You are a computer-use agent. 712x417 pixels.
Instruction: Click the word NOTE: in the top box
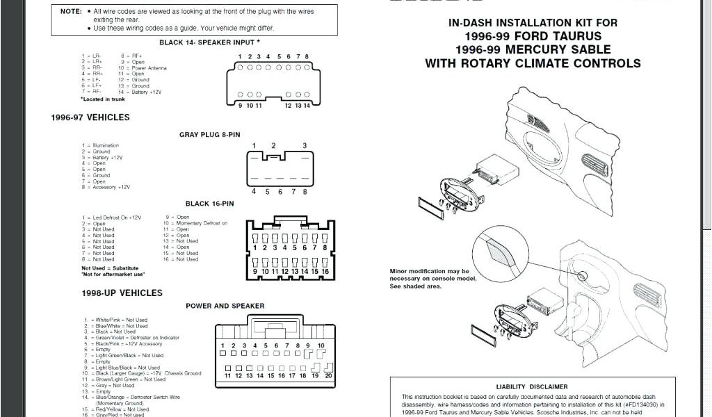tap(71, 12)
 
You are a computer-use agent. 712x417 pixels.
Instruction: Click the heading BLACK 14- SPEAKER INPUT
tap(209, 42)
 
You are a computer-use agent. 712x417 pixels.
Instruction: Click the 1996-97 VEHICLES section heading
tap(90, 117)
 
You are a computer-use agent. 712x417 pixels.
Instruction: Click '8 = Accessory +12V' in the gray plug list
tap(106, 187)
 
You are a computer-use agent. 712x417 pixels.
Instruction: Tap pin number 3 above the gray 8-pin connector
tap(305, 145)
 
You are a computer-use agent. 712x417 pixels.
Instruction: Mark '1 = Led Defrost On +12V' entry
tap(111, 218)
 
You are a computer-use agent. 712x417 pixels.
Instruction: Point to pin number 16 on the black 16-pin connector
tap(325, 271)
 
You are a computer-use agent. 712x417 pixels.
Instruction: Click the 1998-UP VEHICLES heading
tap(122, 293)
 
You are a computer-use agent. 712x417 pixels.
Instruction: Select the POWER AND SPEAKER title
tap(225, 306)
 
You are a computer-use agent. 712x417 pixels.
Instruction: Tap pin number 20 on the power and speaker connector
tap(327, 375)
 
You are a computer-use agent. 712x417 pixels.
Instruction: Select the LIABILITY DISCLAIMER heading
tap(531, 386)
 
